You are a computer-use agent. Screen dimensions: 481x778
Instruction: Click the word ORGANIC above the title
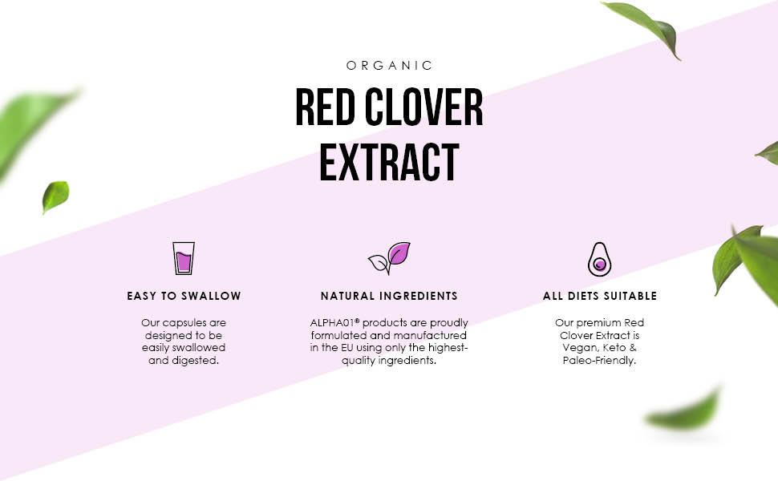(x=389, y=66)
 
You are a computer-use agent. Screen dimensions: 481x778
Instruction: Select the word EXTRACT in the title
(x=389, y=163)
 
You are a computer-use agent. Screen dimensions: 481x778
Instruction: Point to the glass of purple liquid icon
(x=184, y=258)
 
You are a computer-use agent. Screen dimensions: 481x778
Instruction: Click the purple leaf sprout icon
(x=390, y=258)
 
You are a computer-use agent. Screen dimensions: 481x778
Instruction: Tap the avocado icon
(x=599, y=258)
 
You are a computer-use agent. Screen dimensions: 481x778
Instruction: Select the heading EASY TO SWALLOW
(x=184, y=296)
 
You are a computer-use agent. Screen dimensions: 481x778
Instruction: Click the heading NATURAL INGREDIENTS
(x=389, y=296)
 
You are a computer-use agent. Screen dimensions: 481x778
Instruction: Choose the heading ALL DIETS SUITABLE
(x=599, y=296)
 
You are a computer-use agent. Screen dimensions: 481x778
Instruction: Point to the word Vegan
(x=576, y=348)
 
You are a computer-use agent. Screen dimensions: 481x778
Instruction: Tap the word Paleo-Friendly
(x=599, y=361)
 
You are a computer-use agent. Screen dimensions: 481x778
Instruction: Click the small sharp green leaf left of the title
(x=55, y=196)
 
